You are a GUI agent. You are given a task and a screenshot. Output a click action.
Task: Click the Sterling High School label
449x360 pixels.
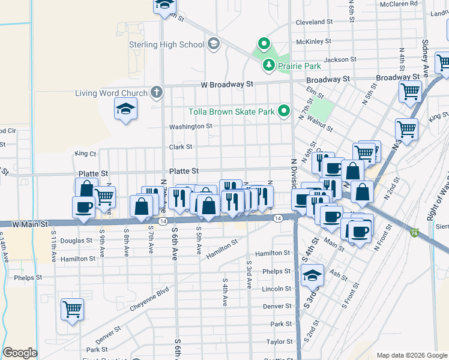pos(166,44)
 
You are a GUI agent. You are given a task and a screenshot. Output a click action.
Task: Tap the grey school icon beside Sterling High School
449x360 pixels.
pos(213,44)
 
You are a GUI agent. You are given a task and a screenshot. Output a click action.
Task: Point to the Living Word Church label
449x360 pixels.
pos(111,93)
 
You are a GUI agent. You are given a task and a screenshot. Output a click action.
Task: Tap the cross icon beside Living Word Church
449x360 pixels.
pos(156,92)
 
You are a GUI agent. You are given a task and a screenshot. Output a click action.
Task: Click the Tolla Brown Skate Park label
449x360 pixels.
pos(231,112)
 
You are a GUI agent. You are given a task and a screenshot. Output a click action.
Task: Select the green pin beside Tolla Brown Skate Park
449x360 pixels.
pos(285,111)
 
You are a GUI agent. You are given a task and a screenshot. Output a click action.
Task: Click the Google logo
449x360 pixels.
pos(20,353)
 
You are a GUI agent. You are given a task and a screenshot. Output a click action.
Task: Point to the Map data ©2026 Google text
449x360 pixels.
pos(411,355)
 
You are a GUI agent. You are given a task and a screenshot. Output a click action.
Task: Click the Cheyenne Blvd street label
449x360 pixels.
pos(149,298)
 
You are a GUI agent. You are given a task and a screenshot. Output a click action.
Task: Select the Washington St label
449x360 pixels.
pos(190,127)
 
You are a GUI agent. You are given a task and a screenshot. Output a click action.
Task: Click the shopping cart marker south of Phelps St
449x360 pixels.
pos(72,310)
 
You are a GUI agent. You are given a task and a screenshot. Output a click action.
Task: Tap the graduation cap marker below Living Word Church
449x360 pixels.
pos(125,109)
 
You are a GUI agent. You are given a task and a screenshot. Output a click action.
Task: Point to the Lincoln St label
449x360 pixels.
pos(277,289)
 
